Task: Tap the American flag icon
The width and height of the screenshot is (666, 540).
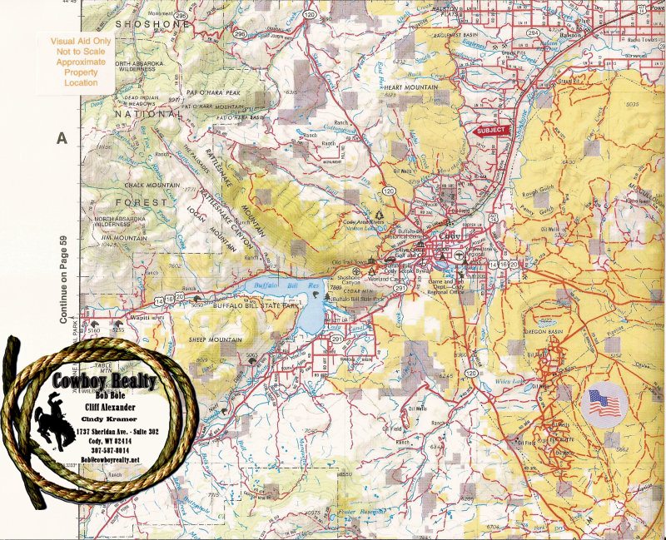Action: [605, 404]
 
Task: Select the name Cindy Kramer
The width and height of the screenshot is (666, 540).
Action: [115, 420]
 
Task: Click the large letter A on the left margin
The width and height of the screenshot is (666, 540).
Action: [61, 138]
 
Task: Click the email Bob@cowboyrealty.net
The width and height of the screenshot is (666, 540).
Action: [111, 461]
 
